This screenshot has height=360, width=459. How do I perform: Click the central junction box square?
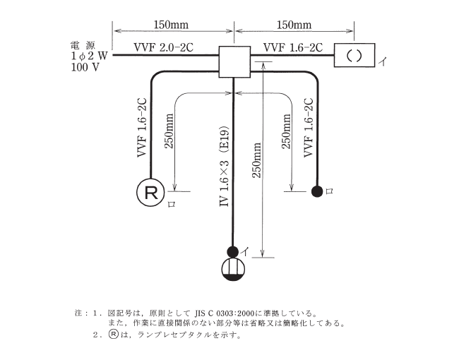234,62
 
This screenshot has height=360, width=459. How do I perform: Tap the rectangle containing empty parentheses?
354,55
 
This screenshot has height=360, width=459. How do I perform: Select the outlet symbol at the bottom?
233,269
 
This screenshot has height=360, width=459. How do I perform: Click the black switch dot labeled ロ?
318,191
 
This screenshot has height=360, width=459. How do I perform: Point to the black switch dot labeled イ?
233,251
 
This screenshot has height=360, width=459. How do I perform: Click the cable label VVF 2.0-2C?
163,47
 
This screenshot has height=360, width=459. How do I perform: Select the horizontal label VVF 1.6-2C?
292,47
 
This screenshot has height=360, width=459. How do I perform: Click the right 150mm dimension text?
294,25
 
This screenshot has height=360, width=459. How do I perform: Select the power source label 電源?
82,44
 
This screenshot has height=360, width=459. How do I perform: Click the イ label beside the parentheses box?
382,62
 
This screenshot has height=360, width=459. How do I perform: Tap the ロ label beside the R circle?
170,205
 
